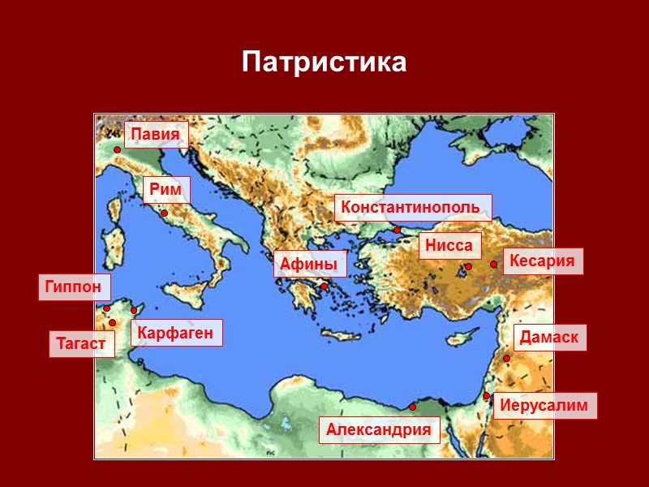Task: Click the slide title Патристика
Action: point(324,62)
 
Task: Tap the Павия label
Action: point(156,135)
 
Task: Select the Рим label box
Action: point(166,190)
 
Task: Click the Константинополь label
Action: point(413,208)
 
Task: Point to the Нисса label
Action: point(449,246)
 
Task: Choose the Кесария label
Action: point(543,261)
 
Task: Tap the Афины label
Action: point(309,264)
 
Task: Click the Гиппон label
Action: point(74,287)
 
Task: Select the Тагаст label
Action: point(81,343)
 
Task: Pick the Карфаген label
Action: point(175,333)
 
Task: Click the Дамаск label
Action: point(550,338)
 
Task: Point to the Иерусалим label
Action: point(544,406)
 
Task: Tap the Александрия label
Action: point(379,430)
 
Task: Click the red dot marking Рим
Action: point(164,213)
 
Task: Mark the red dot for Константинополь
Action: point(398,231)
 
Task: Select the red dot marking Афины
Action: point(324,286)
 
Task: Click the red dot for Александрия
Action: point(412,407)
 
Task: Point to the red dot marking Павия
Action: point(117,150)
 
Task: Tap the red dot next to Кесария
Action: point(493,264)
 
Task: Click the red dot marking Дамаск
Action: point(506,358)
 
